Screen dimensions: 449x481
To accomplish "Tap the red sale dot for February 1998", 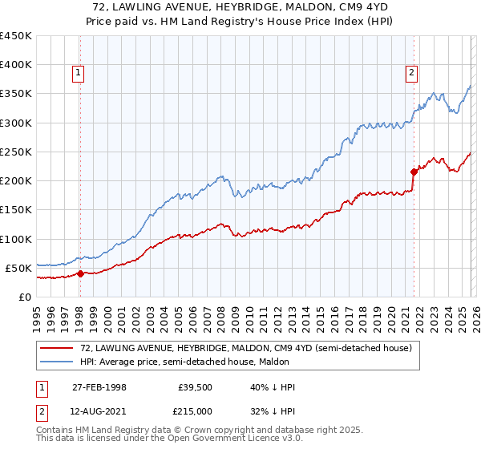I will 80,273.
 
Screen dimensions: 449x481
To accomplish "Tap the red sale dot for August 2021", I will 414,171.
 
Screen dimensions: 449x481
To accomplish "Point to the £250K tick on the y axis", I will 16,152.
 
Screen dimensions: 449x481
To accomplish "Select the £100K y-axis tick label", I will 16,239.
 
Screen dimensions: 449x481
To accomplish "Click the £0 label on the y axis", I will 26,297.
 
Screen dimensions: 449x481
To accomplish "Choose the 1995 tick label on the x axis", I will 37,313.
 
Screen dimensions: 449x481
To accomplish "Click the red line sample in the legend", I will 58,348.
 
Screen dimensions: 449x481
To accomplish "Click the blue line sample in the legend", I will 58,362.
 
